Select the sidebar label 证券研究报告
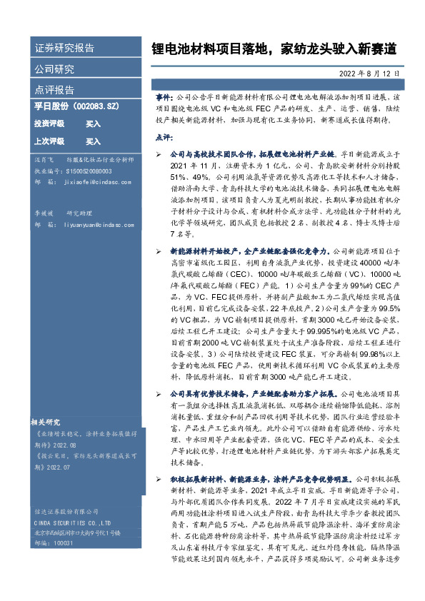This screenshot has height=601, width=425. click(64, 49)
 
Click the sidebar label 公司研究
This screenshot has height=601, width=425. click(54, 69)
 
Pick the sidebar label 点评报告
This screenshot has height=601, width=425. click(54, 90)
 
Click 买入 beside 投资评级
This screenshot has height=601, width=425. click(93, 123)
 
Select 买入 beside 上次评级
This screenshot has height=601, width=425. click(93, 141)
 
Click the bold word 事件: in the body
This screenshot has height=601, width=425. click(164, 96)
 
